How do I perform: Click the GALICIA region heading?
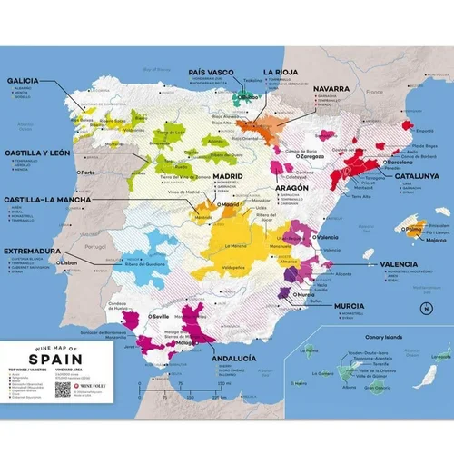point(27,79)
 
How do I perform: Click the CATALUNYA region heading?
point(414,176)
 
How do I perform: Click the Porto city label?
point(87,172)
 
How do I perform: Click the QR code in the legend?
point(62,390)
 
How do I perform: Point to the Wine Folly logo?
point(93,385)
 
